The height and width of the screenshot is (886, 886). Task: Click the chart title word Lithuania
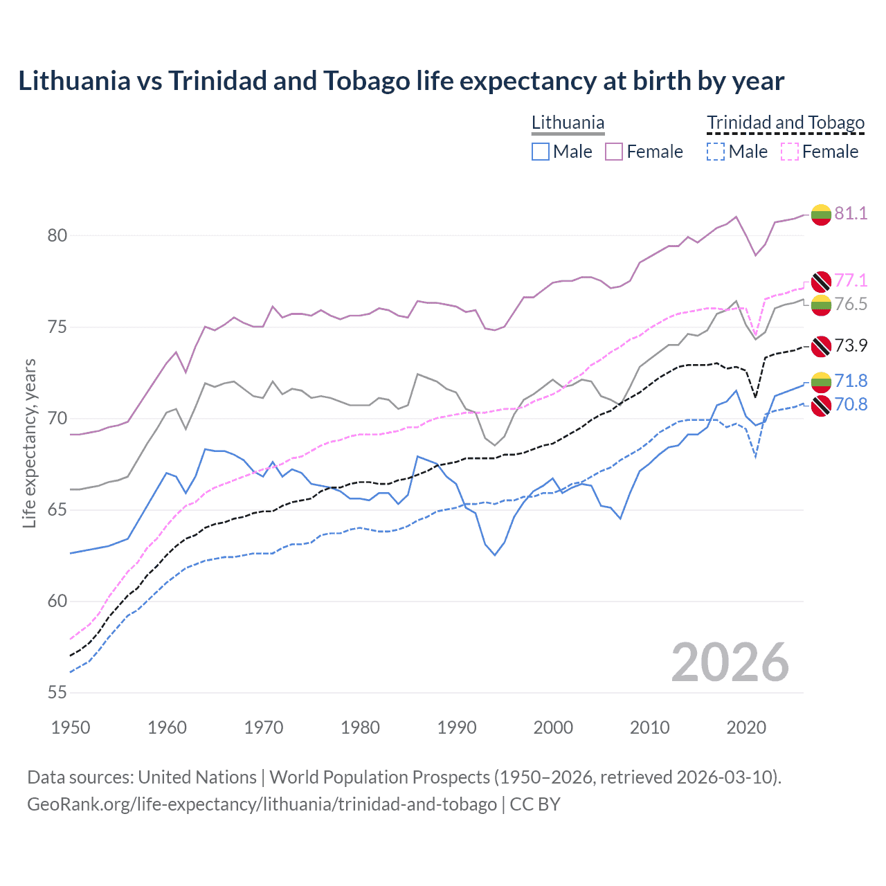pos(74,81)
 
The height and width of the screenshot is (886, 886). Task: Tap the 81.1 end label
pos(851,213)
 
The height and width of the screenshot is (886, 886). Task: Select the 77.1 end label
pos(851,280)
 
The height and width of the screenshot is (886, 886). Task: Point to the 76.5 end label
pos(851,304)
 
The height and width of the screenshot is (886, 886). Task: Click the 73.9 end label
pos(851,345)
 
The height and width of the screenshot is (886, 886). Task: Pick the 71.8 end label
pos(851,381)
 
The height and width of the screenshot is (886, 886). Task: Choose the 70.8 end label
pos(851,404)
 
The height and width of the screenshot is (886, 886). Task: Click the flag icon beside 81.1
pos(821,215)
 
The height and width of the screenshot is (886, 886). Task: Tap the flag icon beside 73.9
pos(821,346)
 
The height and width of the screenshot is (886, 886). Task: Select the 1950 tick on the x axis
pos(71,727)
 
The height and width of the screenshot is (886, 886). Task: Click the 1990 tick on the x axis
pos(457,727)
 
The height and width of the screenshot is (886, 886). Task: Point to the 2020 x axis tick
pos(746,727)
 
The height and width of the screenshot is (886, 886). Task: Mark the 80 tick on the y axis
pos(57,235)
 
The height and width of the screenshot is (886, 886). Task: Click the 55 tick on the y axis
pos(57,692)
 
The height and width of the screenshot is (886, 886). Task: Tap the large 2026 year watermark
pos(730,662)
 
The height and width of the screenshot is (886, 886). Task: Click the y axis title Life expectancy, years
pos(30,443)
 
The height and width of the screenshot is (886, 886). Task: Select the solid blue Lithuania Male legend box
pos(541,152)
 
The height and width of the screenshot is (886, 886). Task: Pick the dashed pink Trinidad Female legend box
pos(790,152)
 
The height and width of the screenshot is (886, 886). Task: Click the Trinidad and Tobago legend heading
pos(786,123)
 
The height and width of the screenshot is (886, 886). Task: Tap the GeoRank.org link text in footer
pos(262,804)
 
